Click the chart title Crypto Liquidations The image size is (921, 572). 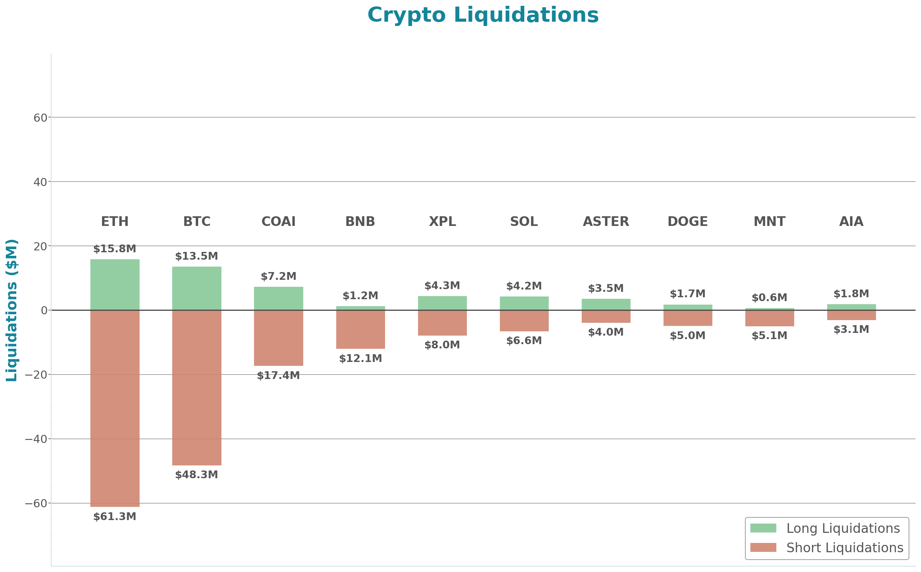pyautogui.click(x=483, y=16)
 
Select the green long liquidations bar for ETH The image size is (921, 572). pyautogui.click(x=115, y=284)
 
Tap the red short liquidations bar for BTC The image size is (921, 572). pyautogui.click(x=197, y=388)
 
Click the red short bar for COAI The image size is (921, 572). pyautogui.click(x=278, y=338)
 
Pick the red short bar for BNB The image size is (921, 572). pyautogui.click(x=360, y=329)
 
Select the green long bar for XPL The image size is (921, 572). pyautogui.click(x=442, y=303)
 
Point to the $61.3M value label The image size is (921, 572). pyautogui.click(x=115, y=517)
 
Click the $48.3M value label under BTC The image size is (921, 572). pyautogui.click(x=197, y=475)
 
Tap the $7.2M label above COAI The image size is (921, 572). pyautogui.click(x=278, y=276)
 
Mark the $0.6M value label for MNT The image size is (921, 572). pyautogui.click(x=769, y=298)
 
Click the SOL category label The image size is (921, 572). pyautogui.click(x=524, y=221)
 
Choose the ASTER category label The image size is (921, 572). pyautogui.click(x=606, y=221)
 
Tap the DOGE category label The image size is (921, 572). pyautogui.click(x=688, y=221)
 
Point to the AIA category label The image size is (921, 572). pyautogui.click(x=851, y=221)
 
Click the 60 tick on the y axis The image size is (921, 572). pyautogui.click(x=40, y=118)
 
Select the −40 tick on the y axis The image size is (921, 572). pyautogui.click(x=36, y=439)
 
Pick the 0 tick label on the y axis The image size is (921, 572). pyautogui.click(x=44, y=310)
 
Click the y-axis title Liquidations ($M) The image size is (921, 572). pyautogui.click(x=12, y=310)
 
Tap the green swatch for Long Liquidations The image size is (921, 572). pyautogui.click(x=763, y=528)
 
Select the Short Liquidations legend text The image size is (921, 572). pyautogui.click(x=845, y=548)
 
